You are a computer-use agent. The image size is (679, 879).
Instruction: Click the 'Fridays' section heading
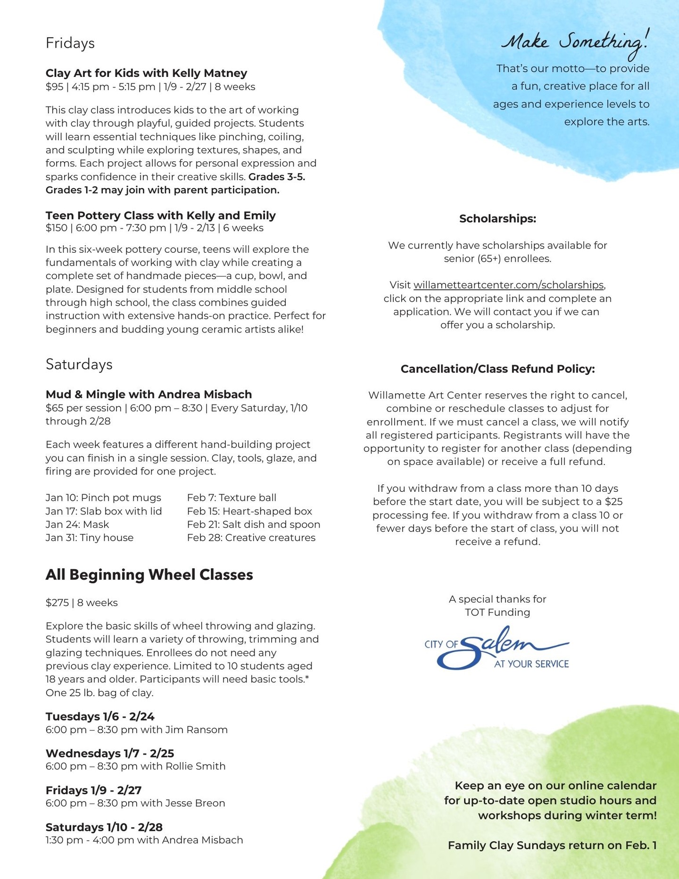click(x=70, y=43)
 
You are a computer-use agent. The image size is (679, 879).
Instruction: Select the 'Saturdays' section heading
click(x=79, y=364)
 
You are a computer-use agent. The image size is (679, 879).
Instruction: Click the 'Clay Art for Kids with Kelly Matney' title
click(x=146, y=73)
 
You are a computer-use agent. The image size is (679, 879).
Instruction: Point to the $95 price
click(x=54, y=87)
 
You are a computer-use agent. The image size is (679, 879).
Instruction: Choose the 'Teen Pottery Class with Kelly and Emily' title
click(x=160, y=216)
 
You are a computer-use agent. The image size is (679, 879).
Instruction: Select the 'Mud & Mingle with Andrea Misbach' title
click(x=149, y=394)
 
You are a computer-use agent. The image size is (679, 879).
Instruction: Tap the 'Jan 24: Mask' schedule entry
click(x=77, y=524)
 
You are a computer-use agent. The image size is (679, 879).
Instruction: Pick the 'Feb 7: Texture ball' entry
click(x=232, y=498)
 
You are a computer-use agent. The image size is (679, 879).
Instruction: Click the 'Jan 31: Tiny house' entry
click(x=90, y=538)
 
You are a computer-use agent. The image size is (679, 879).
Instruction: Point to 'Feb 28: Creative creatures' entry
click(x=251, y=538)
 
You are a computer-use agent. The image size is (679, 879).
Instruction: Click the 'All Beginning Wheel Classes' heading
click(x=149, y=574)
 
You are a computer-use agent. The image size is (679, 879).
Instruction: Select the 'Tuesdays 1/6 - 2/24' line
click(x=100, y=716)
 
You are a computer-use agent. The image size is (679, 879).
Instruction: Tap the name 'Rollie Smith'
click(x=195, y=766)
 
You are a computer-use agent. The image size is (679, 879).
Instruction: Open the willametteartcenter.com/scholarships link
click(x=508, y=285)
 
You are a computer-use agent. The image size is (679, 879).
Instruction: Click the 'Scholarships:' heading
click(x=497, y=219)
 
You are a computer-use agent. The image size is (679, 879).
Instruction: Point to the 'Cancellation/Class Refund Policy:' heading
click(x=497, y=369)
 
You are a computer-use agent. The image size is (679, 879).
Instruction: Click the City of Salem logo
click(x=497, y=647)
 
